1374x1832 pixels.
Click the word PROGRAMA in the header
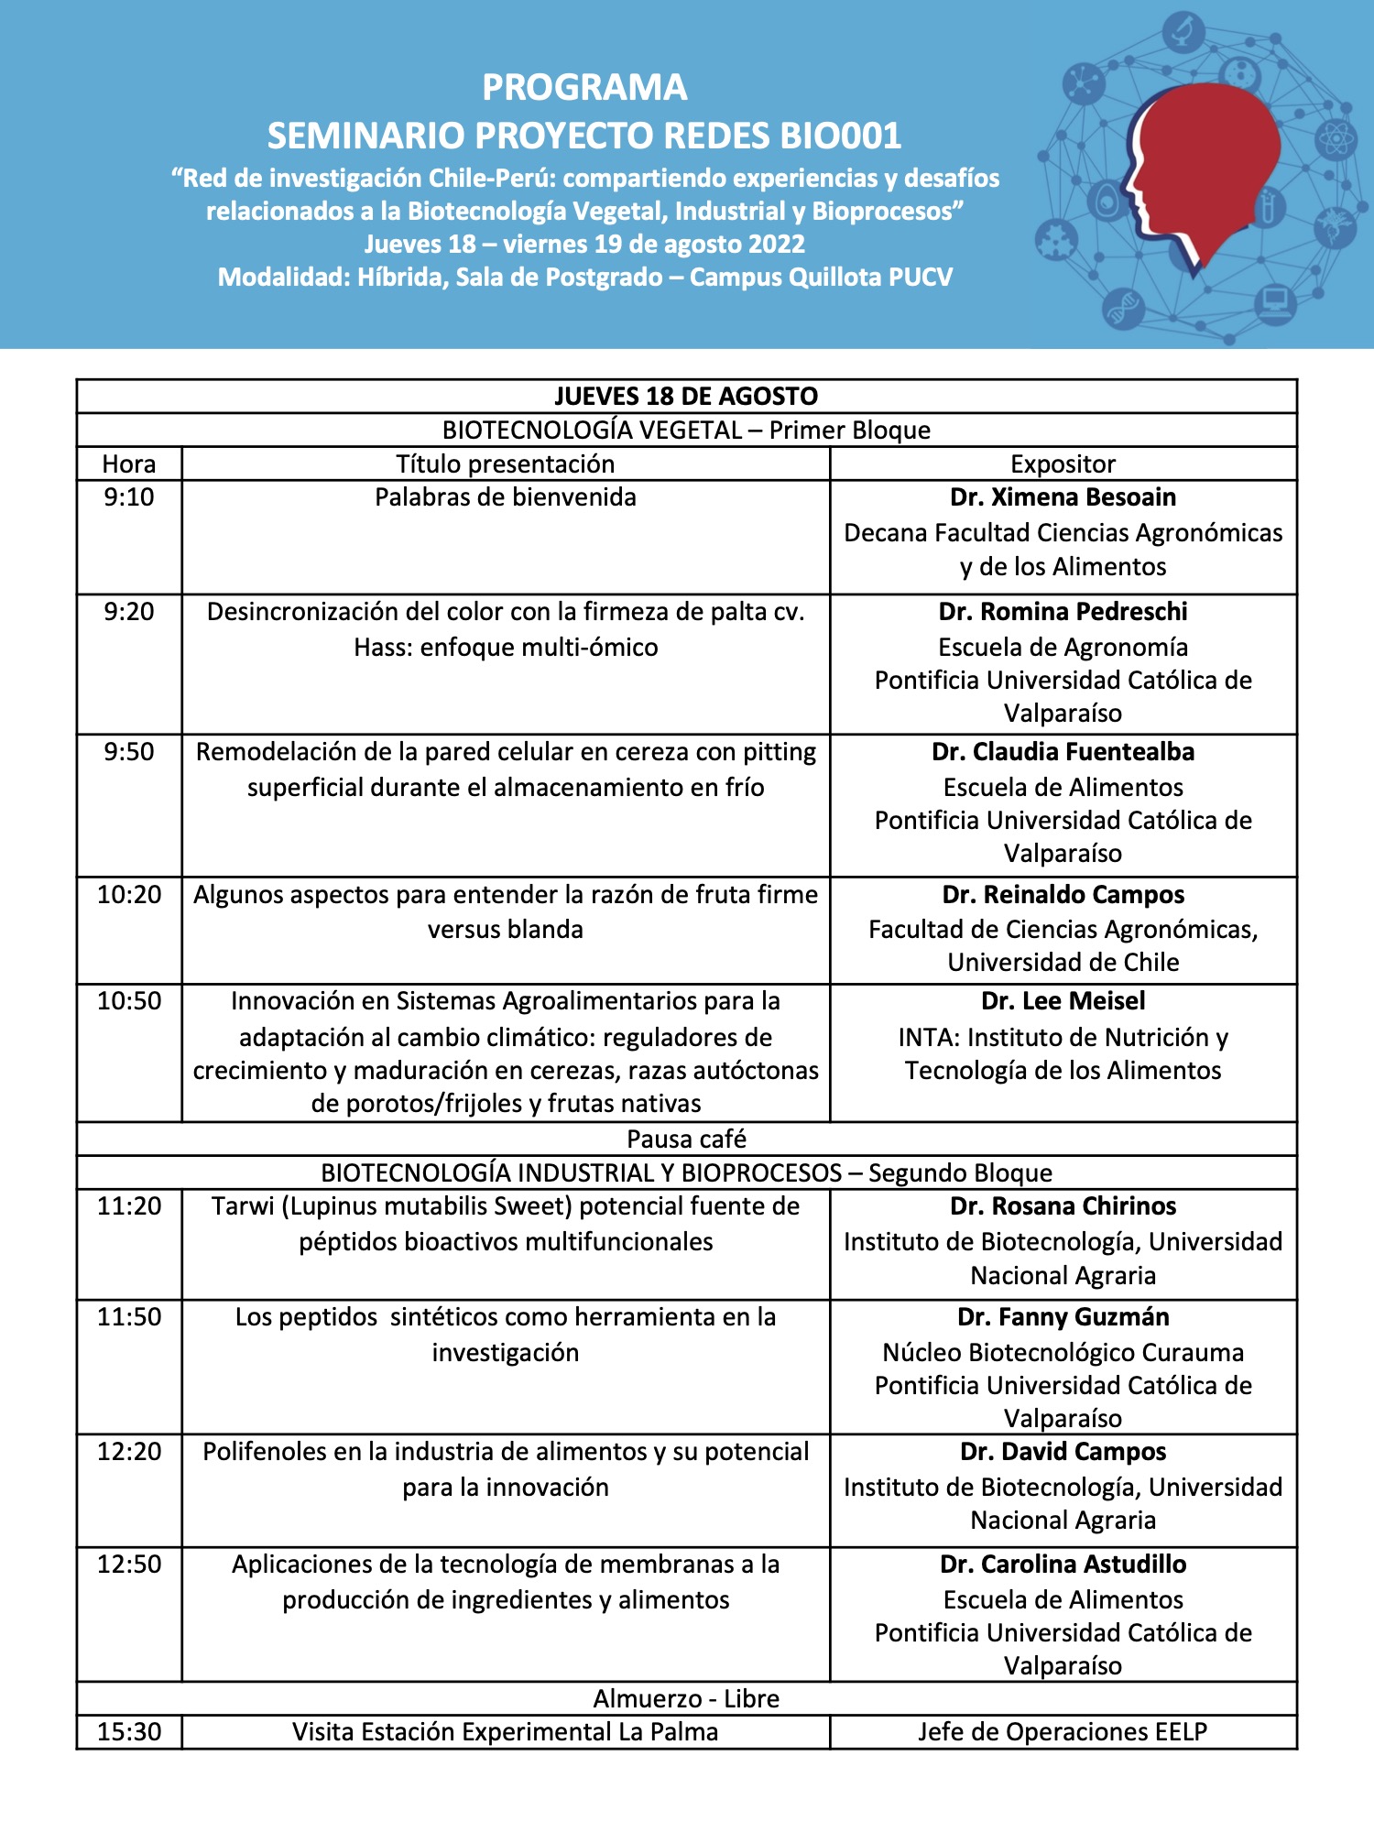(x=584, y=88)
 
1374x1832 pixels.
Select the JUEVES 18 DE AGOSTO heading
(x=686, y=396)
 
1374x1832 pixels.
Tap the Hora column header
(x=129, y=463)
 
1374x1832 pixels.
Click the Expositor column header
(x=1063, y=463)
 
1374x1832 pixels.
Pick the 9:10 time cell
(x=129, y=497)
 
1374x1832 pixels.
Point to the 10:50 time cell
(x=129, y=1001)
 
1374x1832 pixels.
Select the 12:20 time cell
(x=129, y=1452)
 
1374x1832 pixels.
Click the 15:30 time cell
(x=129, y=1732)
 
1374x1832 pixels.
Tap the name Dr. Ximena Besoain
(x=1063, y=497)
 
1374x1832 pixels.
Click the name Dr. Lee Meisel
(x=1063, y=1001)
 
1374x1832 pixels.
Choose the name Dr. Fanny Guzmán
(x=1063, y=1317)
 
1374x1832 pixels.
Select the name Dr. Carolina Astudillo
(x=1063, y=1565)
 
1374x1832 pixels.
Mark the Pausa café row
(x=686, y=1139)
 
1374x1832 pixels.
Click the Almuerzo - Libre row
(x=686, y=1698)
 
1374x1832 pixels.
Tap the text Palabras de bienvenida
(x=506, y=497)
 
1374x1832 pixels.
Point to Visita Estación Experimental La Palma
(x=506, y=1732)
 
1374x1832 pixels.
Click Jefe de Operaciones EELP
(x=1063, y=1732)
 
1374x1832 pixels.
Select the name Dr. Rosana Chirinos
(x=1063, y=1206)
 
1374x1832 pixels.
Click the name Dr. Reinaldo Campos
(x=1063, y=895)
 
